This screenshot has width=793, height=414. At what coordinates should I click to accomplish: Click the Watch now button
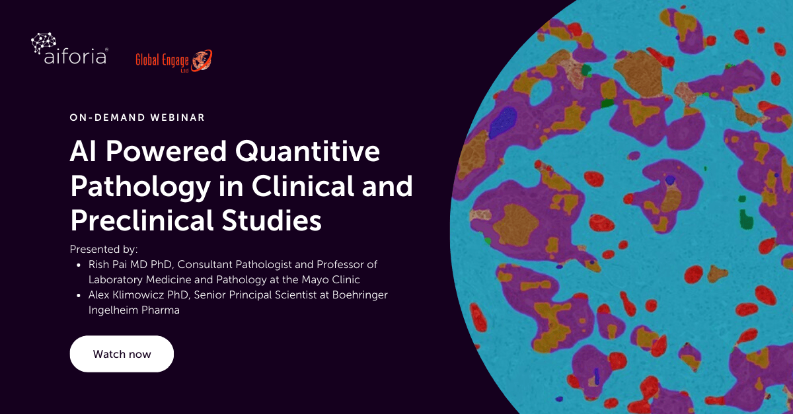(x=122, y=354)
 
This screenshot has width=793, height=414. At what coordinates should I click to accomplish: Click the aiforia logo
(x=69, y=49)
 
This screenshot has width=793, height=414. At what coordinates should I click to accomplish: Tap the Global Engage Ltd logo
(x=174, y=61)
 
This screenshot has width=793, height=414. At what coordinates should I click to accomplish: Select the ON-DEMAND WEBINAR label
(x=137, y=118)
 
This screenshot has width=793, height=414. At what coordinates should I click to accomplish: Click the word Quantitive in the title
(x=307, y=152)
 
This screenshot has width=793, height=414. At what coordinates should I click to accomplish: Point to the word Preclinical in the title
(x=142, y=220)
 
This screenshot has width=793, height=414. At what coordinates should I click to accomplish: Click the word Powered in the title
(x=166, y=151)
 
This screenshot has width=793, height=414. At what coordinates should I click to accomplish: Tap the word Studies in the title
(x=272, y=220)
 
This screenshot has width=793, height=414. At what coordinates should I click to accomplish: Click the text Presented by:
(x=104, y=250)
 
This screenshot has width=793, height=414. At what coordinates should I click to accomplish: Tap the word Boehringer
(x=359, y=295)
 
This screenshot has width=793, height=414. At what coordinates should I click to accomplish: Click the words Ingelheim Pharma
(x=133, y=310)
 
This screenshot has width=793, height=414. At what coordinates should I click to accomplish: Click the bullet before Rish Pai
(x=79, y=265)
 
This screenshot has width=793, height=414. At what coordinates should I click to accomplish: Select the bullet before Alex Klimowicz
(x=79, y=295)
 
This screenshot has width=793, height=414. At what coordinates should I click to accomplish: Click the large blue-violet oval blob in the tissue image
(x=503, y=122)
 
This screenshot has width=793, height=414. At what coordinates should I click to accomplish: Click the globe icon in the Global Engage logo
(x=202, y=61)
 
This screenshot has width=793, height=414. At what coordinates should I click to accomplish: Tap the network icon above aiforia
(x=44, y=42)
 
